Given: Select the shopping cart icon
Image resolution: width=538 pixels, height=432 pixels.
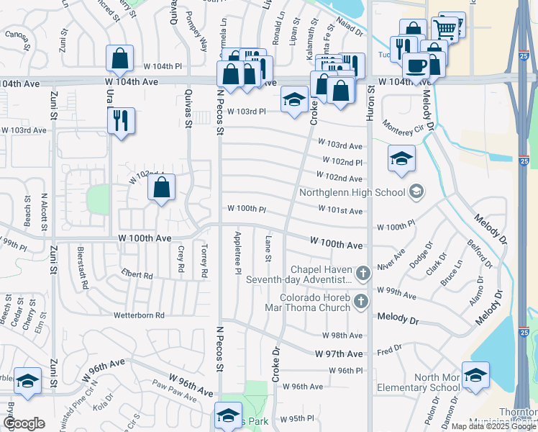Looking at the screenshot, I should pyautogui.click(x=446, y=30).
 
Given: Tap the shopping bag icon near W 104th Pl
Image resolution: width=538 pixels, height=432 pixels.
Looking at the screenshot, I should pyautogui.click(x=120, y=58).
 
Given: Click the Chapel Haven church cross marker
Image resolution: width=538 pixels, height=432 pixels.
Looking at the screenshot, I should pyautogui.click(x=364, y=273).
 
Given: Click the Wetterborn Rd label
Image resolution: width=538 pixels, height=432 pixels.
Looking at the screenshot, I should pyautogui.click(x=139, y=315).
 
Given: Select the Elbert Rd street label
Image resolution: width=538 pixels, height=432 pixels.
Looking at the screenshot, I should pyautogui.click(x=137, y=275).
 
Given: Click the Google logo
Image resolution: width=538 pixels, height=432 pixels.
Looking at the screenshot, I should pyautogui.click(x=24, y=423).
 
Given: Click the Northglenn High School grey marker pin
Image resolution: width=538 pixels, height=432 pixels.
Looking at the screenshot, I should pyautogui.click(x=416, y=192).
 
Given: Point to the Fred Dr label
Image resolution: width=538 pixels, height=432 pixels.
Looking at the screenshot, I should pyautogui.click(x=388, y=350).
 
